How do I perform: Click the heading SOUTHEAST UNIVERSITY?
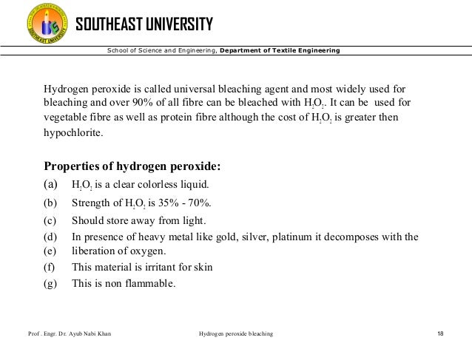pos(145,24)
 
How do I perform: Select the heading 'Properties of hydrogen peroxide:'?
pos(133,165)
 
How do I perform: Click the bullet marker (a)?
pos(50,184)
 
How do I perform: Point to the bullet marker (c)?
pos(50,220)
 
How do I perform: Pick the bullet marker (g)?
pos(50,282)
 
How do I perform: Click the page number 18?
pos(441,334)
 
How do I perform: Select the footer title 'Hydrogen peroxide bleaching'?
pos(236,334)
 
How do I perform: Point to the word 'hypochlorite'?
pos(73,134)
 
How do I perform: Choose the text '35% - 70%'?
pos(181,203)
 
